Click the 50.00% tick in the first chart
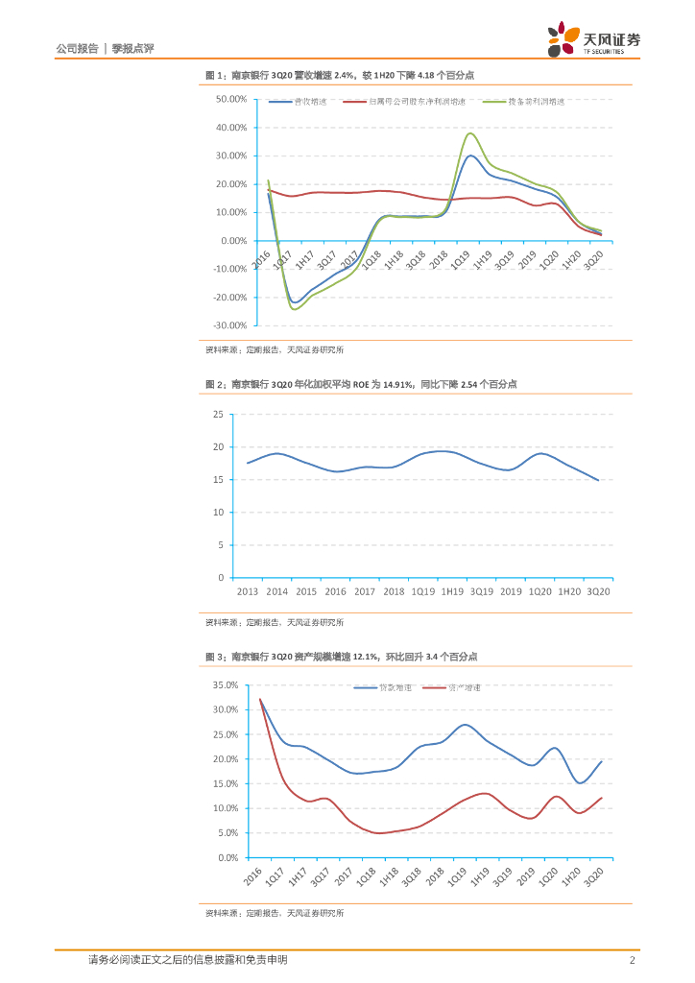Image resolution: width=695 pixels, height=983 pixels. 232,99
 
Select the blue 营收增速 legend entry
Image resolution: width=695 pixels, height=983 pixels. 297,102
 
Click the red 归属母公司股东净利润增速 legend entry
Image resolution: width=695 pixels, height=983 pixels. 403,102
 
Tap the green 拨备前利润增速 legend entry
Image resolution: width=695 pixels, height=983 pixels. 523,102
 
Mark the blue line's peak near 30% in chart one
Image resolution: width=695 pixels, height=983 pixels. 470,156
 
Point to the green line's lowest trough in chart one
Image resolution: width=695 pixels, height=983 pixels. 294,309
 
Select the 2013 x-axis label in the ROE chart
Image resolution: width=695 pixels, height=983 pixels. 248,591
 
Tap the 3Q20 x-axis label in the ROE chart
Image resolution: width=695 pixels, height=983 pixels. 598,591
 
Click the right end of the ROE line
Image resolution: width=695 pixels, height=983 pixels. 598,480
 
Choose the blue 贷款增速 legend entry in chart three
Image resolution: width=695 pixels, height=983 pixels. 382,687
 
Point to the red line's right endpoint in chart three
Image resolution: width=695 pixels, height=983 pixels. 601,798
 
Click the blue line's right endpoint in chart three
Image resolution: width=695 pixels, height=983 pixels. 601,761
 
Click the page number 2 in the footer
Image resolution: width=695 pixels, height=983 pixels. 631,960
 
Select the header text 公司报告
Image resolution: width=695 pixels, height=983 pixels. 77,47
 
